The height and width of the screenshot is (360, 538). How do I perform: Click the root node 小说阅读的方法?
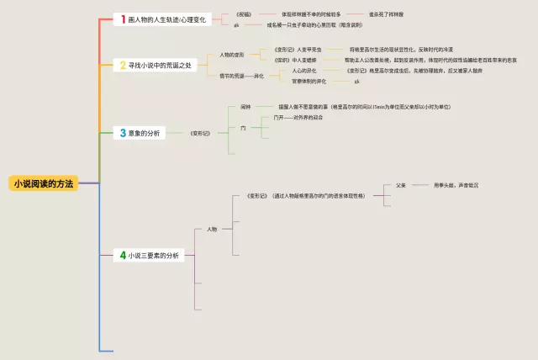tap(44, 183)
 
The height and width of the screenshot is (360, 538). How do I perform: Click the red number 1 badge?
tap(123, 19)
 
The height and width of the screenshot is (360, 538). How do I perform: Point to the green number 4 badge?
tap(123, 255)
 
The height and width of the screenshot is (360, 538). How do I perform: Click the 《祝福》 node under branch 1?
tap(242, 14)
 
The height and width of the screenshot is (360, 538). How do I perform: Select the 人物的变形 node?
tap(232, 55)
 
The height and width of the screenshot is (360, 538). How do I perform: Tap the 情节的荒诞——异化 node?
tap(242, 76)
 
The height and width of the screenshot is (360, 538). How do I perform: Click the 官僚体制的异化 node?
tap(309, 81)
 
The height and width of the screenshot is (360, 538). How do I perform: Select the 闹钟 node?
tap(245, 108)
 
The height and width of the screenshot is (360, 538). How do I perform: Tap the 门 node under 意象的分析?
tap(244, 128)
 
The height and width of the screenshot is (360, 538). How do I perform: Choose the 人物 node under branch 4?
tap(212, 229)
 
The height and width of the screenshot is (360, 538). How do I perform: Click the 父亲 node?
tap(401, 185)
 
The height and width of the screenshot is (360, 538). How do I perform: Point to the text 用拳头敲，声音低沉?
tap(456, 185)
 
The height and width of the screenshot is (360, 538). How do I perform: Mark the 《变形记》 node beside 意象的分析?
tap(200, 133)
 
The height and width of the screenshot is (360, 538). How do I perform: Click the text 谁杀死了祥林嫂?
tap(386, 14)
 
